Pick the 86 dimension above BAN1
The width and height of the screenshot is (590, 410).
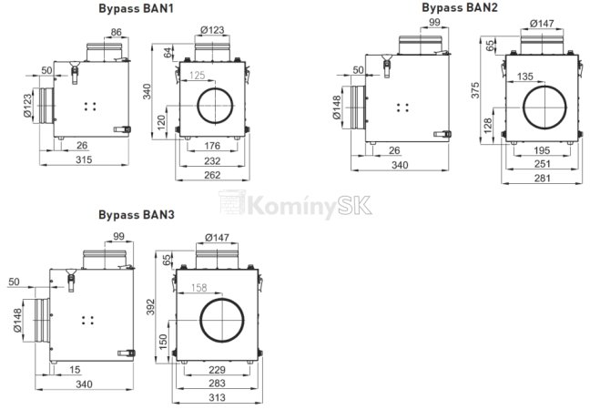(x=117, y=32)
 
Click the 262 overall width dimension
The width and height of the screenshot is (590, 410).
(x=210, y=175)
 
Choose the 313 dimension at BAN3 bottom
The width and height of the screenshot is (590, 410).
(x=216, y=398)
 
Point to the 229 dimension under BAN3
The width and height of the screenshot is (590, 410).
(x=216, y=369)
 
